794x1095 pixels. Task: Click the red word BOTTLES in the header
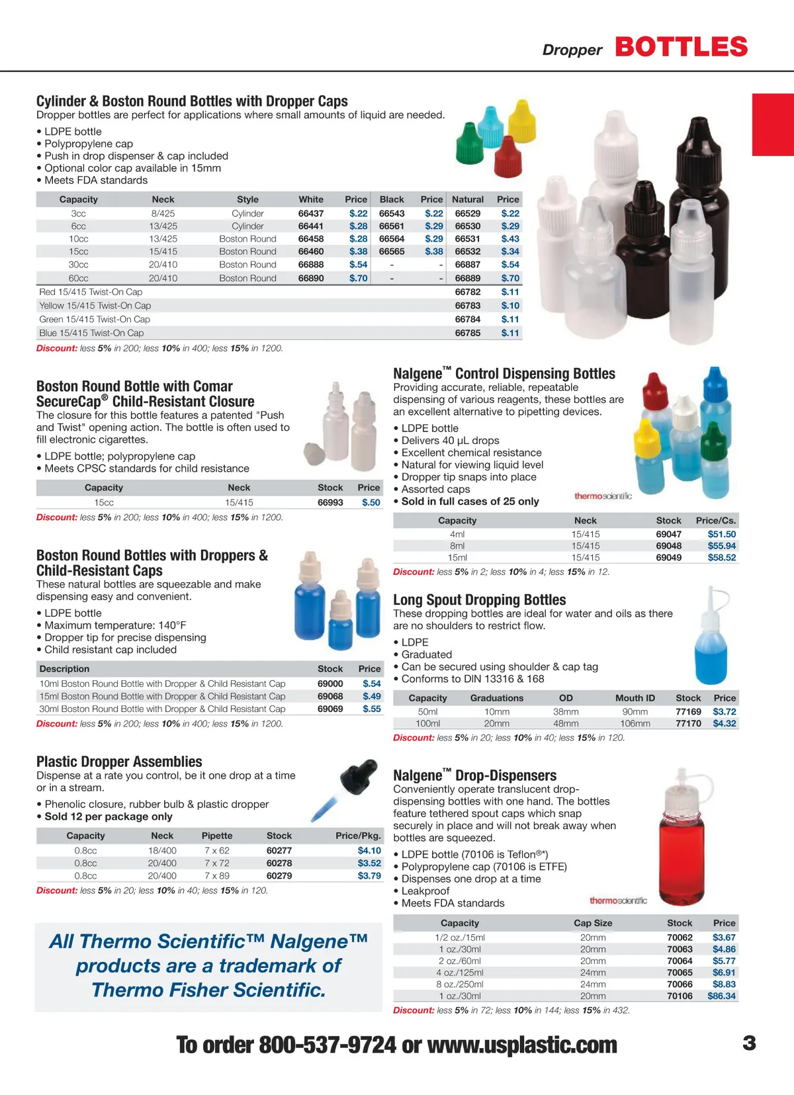point(681,48)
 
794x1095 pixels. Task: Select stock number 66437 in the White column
point(310,214)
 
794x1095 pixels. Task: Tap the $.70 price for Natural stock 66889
point(509,279)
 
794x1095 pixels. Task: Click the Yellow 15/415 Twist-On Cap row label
point(95,306)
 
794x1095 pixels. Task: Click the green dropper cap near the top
point(469,144)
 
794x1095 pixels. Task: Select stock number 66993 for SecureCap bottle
point(330,503)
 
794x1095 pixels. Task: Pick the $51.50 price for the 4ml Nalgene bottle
point(721,534)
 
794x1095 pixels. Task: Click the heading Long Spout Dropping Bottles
point(479,600)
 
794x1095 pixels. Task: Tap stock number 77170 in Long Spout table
point(688,724)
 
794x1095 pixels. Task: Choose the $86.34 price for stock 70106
point(721,996)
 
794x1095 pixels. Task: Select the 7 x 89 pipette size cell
point(217,876)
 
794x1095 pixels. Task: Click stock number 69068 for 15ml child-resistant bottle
point(330,697)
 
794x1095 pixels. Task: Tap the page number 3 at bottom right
point(749,1043)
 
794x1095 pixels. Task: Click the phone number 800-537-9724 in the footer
point(327,1045)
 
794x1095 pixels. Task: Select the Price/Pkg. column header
point(358,836)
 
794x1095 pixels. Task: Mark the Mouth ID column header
point(635,698)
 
